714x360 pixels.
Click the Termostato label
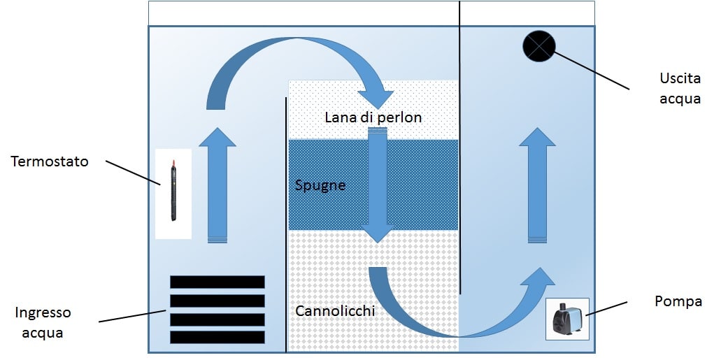50,161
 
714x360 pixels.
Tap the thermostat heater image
173,194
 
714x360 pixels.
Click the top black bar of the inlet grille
217,282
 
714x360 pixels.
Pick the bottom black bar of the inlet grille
217,337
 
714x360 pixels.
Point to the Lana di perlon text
373,117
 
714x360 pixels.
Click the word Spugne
320,186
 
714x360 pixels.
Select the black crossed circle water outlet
539,47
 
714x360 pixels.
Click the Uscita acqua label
680,88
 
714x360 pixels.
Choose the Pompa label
678,301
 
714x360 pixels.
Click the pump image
567,319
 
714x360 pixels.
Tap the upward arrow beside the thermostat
218,186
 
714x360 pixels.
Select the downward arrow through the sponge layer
378,185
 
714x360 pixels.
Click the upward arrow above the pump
537,186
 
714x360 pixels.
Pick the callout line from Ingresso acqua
133,317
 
